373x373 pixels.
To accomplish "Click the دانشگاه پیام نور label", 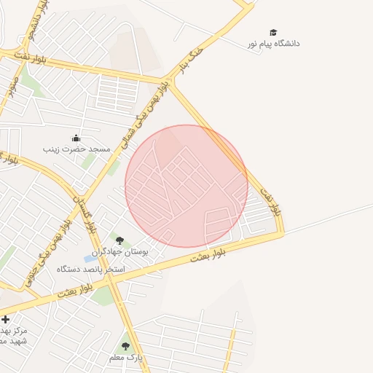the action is (x=274, y=44).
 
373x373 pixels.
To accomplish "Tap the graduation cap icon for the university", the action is (x=273, y=33).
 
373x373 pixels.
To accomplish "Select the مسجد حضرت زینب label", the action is (x=76, y=149).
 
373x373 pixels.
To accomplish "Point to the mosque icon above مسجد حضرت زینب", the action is (x=76, y=138).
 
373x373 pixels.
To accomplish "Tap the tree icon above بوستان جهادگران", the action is (x=119, y=240).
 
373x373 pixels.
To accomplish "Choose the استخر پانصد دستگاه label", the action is (x=94, y=270).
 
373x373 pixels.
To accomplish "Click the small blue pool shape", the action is (x=90, y=259).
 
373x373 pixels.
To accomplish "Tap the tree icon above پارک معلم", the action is (x=125, y=347).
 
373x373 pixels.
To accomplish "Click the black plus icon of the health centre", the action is (x=6, y=319).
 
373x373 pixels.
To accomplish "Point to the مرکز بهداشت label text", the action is (x=12, y=330).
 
